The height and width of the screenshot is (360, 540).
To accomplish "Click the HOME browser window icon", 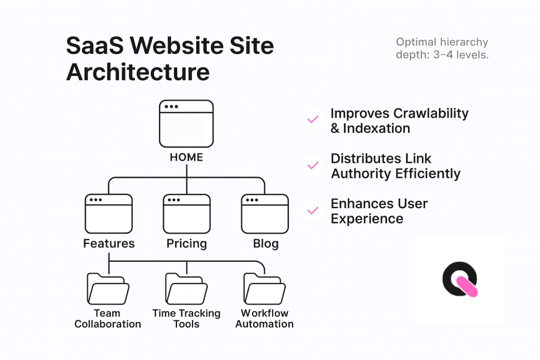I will tap(186, 123).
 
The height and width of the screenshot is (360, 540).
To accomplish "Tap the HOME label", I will tap(186, 157).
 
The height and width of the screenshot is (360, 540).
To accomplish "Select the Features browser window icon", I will tap(109, 213).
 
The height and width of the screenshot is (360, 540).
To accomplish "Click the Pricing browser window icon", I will tap(187, 213).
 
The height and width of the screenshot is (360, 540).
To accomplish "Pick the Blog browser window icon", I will tap(265, 213).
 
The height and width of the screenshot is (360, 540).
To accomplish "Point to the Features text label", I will tap(109, 244).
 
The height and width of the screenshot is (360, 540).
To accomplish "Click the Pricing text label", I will tap(187, 244).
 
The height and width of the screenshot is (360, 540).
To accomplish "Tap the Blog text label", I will tap(265, 244).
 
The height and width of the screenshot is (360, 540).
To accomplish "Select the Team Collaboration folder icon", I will tap(108, 288).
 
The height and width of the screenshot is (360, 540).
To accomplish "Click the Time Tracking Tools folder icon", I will tap(186, 288).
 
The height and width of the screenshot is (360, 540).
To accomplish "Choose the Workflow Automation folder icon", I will tap(264, 288).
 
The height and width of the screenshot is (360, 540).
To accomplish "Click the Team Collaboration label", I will tap(108, 318).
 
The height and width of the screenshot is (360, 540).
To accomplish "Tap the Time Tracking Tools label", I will tap(186, 318).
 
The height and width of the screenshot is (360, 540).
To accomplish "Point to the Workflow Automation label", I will tap(264, 318).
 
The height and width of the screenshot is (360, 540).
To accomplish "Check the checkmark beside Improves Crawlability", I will tap(313, 120).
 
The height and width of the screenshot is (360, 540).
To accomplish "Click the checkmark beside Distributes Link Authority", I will tap(313, 165).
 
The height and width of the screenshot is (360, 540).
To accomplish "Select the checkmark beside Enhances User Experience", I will tap(313, 210).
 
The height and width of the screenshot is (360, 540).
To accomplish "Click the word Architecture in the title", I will tap(138, 72).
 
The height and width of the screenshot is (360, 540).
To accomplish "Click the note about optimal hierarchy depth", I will tap(442, 48).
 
